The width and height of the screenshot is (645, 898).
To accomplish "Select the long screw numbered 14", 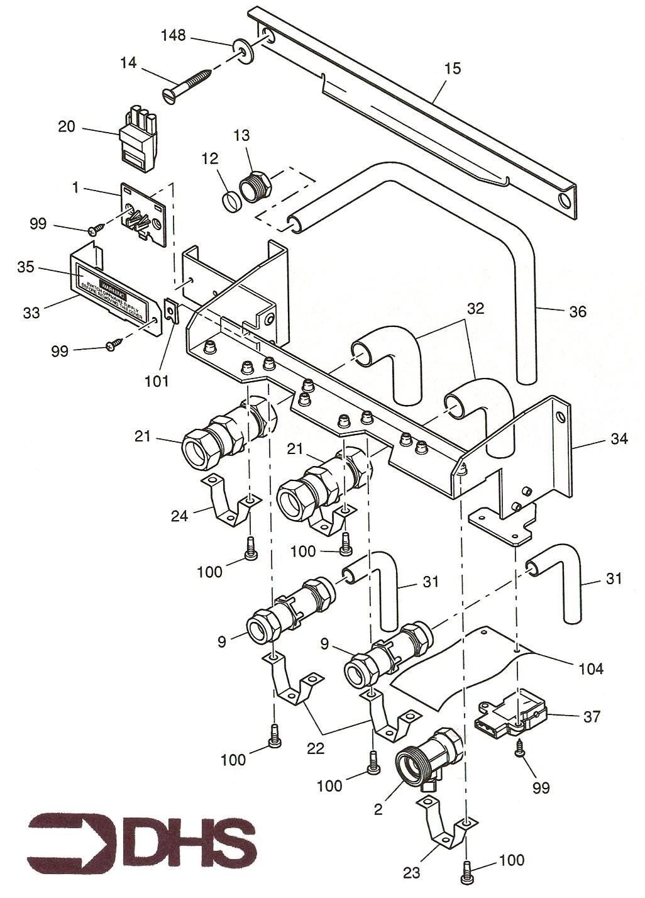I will pos(192,84).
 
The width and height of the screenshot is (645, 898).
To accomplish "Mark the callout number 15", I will pos(452,68).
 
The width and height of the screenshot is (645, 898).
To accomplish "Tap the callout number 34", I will pos(619,439).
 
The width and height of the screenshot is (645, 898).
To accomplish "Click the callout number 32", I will pos(475,309).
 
